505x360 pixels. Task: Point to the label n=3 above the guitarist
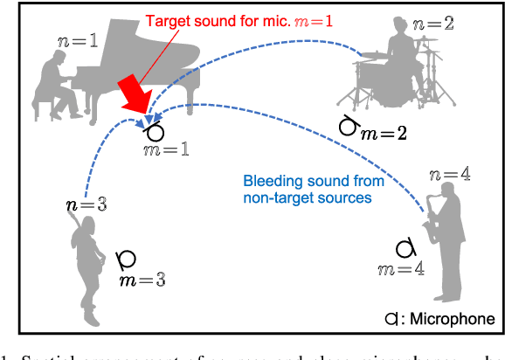(85, 205)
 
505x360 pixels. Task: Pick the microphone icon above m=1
(154, 133)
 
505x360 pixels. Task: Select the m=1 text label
(165, 151)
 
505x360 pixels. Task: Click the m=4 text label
(402, 268)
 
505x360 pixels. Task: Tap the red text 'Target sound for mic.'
(213, 19)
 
